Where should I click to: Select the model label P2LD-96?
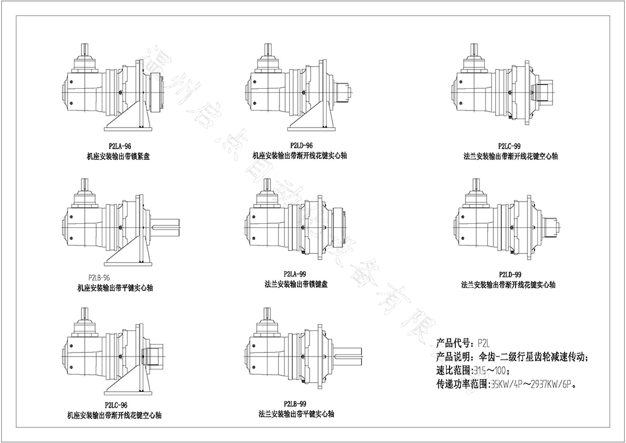300,146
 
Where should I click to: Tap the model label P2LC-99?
509,146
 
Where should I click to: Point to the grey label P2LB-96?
100,277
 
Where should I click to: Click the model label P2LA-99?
295,274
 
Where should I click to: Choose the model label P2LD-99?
509,274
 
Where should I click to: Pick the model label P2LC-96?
116,405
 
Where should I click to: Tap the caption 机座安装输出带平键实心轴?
115,288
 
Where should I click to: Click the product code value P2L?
484,343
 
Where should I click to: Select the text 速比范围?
453,371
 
